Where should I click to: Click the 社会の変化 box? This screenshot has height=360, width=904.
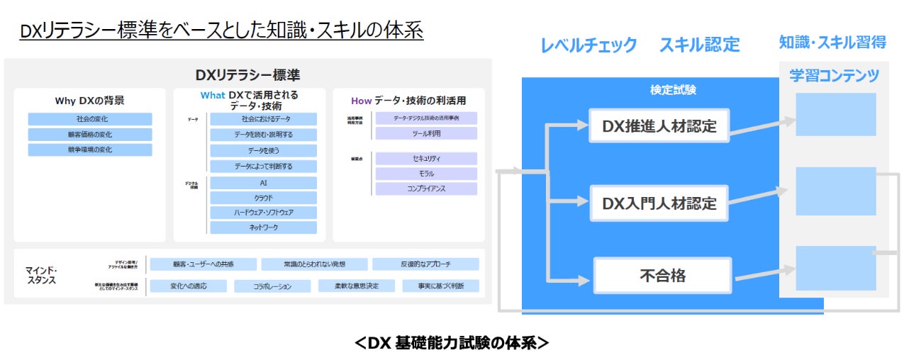coord(90,119)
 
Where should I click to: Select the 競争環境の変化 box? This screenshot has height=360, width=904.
coord(90,150)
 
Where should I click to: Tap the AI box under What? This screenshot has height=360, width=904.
coord(263,183)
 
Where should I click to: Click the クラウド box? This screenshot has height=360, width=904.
coord(263,198)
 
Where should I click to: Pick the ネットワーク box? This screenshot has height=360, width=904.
coord(263,227)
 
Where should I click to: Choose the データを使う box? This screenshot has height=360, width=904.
coord(263,151)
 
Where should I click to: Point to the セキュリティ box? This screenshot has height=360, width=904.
coord(426,159)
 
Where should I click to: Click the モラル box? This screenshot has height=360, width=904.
coord(426,174)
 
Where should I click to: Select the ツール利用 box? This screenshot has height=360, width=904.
coord(426,133)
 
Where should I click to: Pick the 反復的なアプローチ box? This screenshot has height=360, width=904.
coord(425,264)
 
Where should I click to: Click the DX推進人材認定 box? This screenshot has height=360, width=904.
coord(659,126)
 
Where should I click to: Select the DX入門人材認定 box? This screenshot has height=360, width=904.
coord(659,203)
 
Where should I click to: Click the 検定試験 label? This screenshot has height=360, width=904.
coord(673,90)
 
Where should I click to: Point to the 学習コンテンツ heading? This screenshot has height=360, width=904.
coord(835,75)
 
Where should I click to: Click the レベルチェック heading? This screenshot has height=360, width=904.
coord(588,45)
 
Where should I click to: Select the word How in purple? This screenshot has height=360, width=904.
coord(362,101)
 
